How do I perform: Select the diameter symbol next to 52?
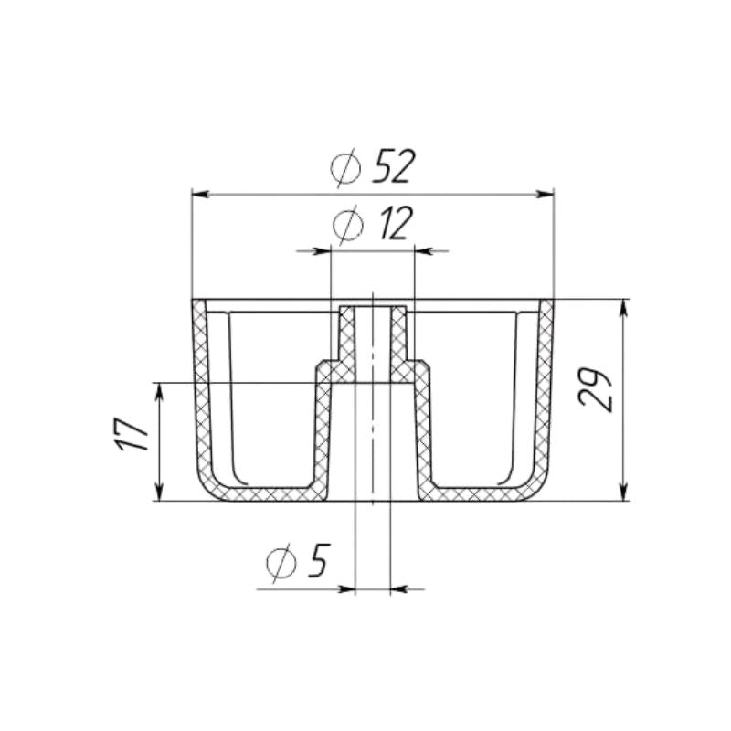pyautogui.click(x=347, y=168)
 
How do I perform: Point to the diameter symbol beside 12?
pyautogui.click(x=348, y=225)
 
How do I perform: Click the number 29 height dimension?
pyautogui.click(x=594, y=391)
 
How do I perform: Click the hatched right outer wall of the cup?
pyautogui.click(x=546, y=393)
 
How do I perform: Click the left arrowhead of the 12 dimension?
pyautogui.click(x=321, y=250)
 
